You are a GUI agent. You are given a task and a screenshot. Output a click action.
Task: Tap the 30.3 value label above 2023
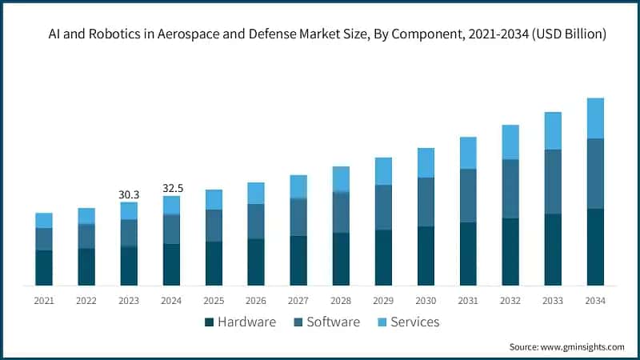coord(129,194)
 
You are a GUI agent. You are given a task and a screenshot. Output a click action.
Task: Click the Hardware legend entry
coord(246,322)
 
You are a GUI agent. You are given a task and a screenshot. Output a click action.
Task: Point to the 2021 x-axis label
coord(44,301)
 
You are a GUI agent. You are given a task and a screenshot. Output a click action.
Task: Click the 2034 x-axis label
coord(595,301)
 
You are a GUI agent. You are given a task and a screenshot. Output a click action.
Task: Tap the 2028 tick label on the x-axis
coord(341,301)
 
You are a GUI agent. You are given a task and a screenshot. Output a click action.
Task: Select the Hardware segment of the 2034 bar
coord(595,247)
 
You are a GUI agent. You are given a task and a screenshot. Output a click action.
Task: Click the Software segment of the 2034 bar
coord(595,174)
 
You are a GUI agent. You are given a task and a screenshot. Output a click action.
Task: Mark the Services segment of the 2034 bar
coord(595,118)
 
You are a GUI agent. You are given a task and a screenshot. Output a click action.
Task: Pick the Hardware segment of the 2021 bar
coord(44,268)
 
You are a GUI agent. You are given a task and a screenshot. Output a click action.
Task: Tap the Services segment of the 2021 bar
coord(44,221)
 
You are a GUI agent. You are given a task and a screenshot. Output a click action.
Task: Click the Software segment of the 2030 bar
coord(426,202)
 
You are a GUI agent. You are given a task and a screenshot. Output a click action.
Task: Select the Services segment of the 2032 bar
coord(510,142)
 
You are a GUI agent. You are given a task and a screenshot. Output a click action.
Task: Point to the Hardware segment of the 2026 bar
coord(256,262)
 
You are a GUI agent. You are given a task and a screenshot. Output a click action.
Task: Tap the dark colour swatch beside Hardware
coord(210,322)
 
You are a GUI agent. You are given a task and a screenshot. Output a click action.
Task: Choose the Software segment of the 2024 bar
coord(171,230)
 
